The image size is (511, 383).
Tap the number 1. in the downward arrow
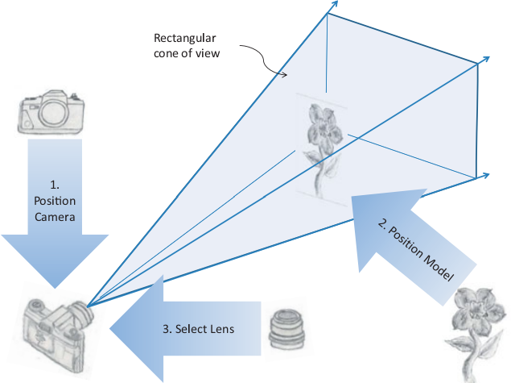coord(54,184)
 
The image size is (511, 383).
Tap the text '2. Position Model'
coord(414,243)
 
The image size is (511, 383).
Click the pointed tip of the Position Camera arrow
coord(54,287)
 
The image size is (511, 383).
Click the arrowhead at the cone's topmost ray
coord(333,5)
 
